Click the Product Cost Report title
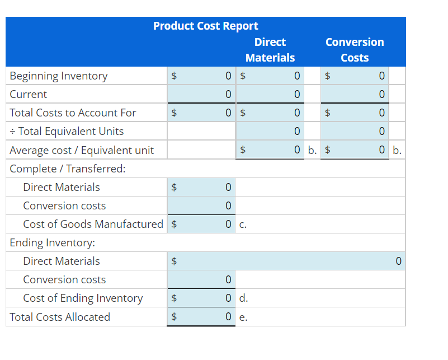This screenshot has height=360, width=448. click(205, 26)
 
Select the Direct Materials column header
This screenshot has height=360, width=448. click(270, 50)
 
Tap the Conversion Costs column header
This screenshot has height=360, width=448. click(355, 50)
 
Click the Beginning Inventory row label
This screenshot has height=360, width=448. click(59, 76)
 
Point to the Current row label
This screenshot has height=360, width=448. click(29, 94)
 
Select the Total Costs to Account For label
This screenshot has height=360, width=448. click(73, 113)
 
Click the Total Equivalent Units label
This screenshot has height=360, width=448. click(67, 131)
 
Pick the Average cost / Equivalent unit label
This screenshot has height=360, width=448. click(82, 150)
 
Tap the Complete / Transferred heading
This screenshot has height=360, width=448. click(68, 169)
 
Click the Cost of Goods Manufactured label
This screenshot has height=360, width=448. click(93, 224)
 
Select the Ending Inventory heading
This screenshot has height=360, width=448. click(53, 242)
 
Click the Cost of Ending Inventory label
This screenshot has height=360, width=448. click(83, 298)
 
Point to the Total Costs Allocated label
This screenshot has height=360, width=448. click(60, 317)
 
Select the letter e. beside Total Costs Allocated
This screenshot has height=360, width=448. click(242, 317)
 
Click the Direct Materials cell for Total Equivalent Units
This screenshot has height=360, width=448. click(270, 131)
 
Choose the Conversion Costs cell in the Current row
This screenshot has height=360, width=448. click(355, 94)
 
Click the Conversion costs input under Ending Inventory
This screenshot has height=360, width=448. click(201, 279)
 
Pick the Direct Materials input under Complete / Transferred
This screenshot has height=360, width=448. click(201, 187)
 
